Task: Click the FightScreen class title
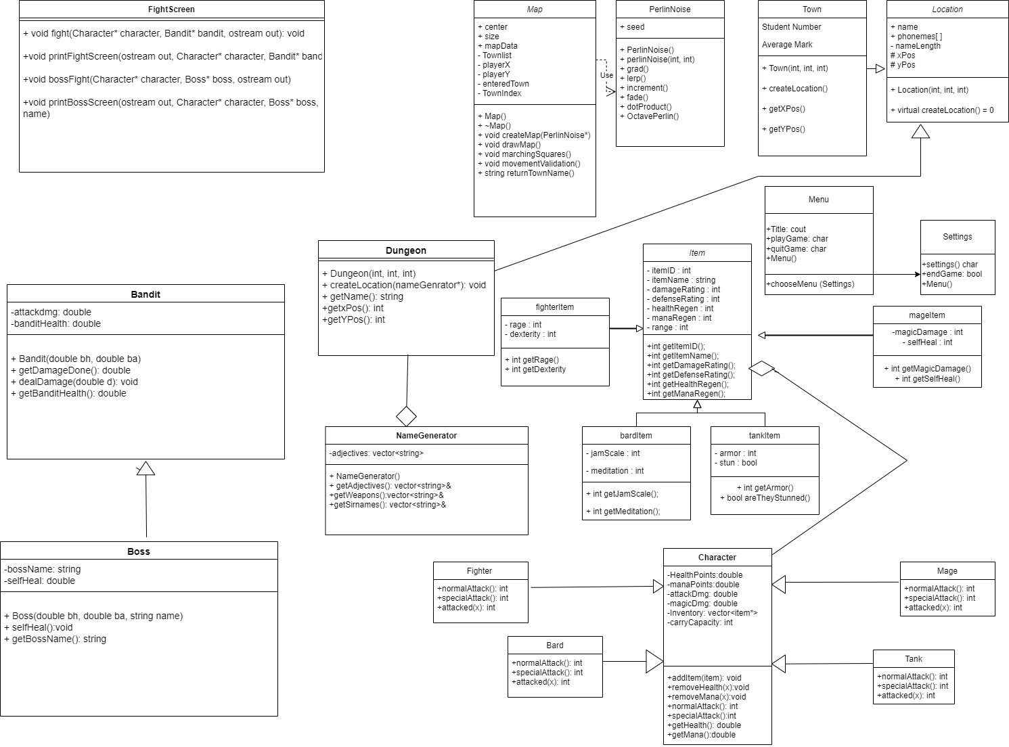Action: (x=171, y=9)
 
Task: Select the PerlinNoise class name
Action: (x=669, y=9)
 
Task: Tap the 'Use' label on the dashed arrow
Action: (x=606, y=75)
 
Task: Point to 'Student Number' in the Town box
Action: (x=791, y=27)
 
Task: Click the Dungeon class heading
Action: (x=406, y=250)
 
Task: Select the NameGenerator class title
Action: (x=426, y=436)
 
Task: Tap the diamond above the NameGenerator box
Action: (x=406, y=416)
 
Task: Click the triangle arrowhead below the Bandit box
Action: (x=145, y=468)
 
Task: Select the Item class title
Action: (x=697, y=253)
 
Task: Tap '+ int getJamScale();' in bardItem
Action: (x=622, y=494)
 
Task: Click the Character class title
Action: (x=717, y=558)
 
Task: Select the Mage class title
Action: (x=947, y=571)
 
